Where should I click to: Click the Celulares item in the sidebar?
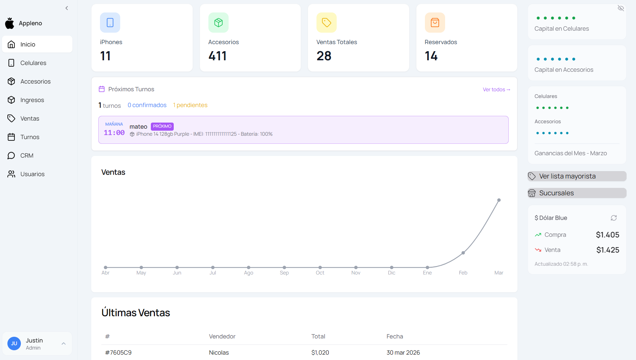33,63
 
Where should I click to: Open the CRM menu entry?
27,156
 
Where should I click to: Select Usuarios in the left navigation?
32,174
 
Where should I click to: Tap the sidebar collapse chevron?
67,8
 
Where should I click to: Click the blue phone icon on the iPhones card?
110,23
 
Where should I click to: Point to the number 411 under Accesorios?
217,56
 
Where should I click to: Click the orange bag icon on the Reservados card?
435,23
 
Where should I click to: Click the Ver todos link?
496,90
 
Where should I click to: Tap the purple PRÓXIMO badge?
162,126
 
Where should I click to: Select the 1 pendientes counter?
190,105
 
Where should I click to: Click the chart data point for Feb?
463,253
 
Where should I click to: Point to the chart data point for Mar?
499,200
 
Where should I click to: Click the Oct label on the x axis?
320,273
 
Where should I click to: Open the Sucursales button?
577,193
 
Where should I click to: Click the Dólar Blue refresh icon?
613,218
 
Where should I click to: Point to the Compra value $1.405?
607,235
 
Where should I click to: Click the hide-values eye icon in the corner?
621,8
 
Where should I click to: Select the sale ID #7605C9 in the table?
118,353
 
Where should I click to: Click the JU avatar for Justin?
14,343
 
